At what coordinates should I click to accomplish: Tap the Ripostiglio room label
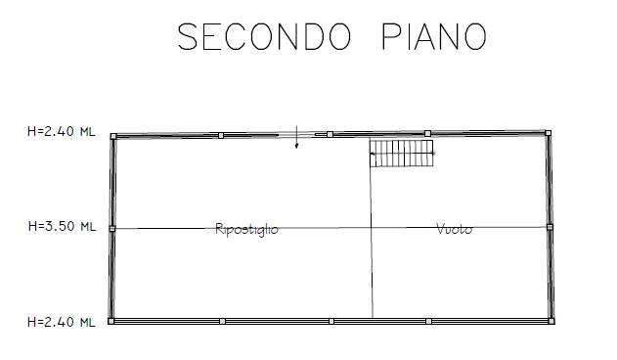(246, 230)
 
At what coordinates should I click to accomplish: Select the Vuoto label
(454, 229)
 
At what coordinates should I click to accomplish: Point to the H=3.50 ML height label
(62, 227)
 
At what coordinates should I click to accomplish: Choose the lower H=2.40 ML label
(62, 320)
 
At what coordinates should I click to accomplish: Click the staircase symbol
(401, 153)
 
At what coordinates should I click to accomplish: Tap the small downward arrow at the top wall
(297, 139)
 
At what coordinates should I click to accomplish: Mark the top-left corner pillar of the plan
(113, 136)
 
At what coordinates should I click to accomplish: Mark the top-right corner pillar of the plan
(548, 132)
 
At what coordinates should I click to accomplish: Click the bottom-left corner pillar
(111, 320)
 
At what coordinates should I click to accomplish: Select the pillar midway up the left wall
(111, 228)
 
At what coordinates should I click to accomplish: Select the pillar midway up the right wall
(550, 227)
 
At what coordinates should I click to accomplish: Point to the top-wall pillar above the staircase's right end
(428, 133)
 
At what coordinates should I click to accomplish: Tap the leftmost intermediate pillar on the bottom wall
(223, 320)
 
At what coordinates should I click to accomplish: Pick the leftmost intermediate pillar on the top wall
(221, 135)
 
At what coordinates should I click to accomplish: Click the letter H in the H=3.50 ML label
(31, 227)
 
